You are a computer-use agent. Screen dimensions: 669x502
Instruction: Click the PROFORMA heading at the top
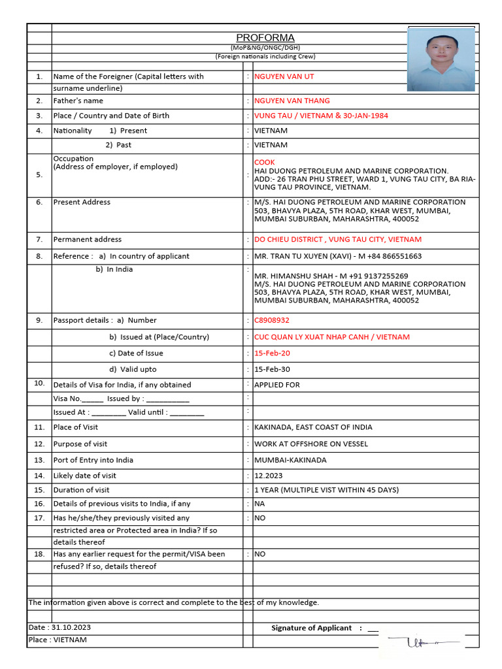[x=265, y=38]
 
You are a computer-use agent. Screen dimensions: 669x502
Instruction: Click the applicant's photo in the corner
[x=441, y=59]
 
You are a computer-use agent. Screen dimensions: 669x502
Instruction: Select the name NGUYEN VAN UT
[x=284, y=76]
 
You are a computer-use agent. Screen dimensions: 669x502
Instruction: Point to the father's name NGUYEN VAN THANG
[x=292, y=101]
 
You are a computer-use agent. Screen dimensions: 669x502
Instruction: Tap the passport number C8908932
[x=271, y=320]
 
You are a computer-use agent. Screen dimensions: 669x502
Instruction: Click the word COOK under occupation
[x=265, y=162]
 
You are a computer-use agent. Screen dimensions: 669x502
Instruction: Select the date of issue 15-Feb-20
[x=272, y=353]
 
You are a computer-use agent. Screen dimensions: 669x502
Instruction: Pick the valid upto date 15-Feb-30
[x=272, y=369]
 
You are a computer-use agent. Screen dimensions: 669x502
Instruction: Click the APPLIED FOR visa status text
[x=276, y=385]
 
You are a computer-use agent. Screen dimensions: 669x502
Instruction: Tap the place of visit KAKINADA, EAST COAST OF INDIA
[x=313, y=427]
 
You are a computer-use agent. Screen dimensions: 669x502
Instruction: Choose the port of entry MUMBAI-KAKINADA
[x=290, y=460]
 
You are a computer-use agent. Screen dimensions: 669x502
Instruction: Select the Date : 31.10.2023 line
[x=59, y=627]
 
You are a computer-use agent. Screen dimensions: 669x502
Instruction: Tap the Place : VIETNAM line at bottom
[x=58, y=640]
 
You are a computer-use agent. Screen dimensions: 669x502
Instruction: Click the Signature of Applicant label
[x=311, y=628]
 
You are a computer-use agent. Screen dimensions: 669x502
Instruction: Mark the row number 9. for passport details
[x=39, y=320]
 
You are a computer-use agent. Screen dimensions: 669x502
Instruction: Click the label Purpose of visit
[x=80, y=444]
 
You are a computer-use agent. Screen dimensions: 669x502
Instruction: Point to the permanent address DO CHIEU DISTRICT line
[x=337, y=239]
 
